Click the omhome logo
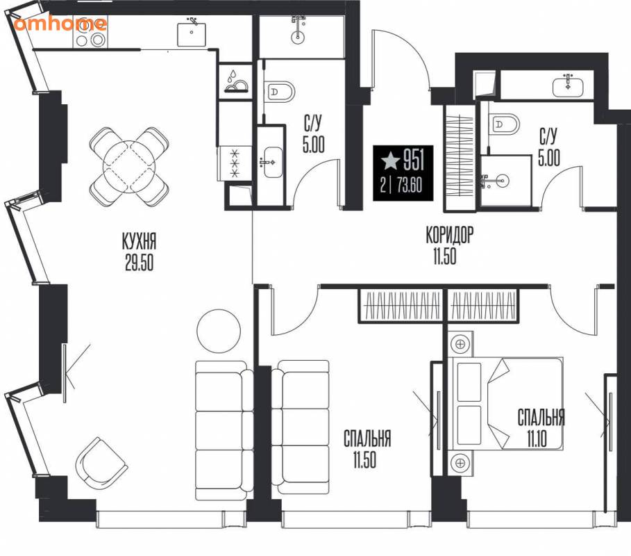coord(60,23)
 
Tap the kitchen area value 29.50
coord(140,263)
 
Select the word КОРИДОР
coord(450,236)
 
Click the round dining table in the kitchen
coord(129,166)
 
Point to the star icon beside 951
coord(390,161)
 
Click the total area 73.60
coord(410,186)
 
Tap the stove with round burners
coord(90,33)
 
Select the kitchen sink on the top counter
coord(192,33)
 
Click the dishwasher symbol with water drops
coord(236,82)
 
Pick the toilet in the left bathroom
coord(280,92)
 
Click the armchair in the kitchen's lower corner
coord(101,463)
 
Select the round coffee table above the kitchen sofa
coord(219,332)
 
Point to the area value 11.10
coord(537,439)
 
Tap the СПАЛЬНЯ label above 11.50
coord(367,439)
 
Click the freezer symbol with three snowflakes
coord(235,163)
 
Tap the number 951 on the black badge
coord(414,160)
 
